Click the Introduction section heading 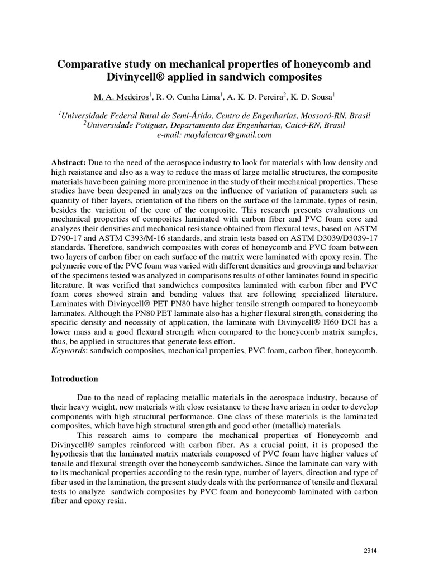74,379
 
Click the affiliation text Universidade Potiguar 122,125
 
